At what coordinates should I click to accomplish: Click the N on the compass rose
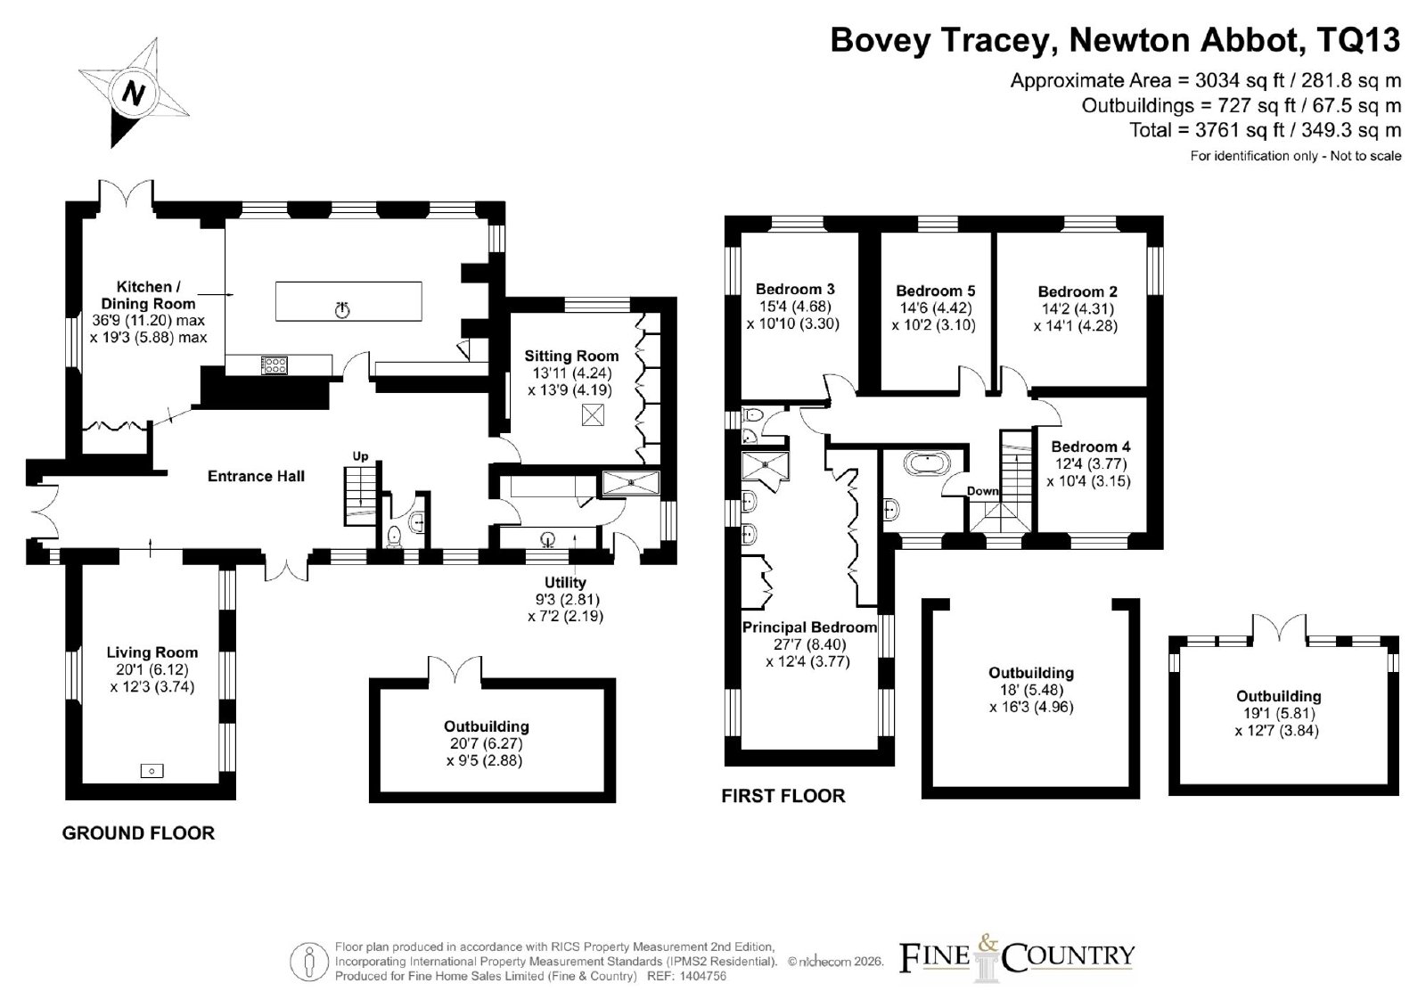[133, 94]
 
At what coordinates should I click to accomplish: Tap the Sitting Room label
[571, 356]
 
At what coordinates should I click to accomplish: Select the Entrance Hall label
[256, 476]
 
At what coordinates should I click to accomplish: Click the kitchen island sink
[342, 310]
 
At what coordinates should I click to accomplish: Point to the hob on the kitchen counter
[275, 365]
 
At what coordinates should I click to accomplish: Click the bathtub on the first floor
[927, 463]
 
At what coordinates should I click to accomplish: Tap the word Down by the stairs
[983, 491]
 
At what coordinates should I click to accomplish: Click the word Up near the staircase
[360, 456]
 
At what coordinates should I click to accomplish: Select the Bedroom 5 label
[935, 291]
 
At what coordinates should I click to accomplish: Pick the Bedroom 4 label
[1091, 447]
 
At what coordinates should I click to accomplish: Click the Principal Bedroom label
[809, 627]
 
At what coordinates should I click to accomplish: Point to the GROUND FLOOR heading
[138, 833]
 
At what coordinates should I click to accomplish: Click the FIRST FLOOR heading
[783, 796]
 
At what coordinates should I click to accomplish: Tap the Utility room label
[565, 583]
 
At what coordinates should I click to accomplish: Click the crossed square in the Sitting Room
[593, 415]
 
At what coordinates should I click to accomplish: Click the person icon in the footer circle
[309, 963]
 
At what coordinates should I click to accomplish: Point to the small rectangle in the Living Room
[152, 771]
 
